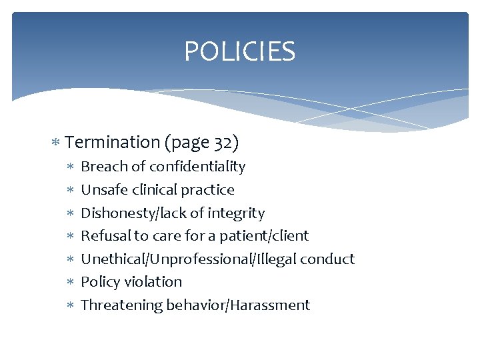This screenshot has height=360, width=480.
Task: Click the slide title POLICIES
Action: (x=239, y=51)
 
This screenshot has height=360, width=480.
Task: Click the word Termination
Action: (x=113, y=142)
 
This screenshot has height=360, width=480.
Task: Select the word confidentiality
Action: (x=197, y=167)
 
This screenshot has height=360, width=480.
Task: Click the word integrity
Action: (x=237, y=213)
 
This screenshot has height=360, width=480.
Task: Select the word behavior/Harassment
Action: (x=238, y=305)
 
